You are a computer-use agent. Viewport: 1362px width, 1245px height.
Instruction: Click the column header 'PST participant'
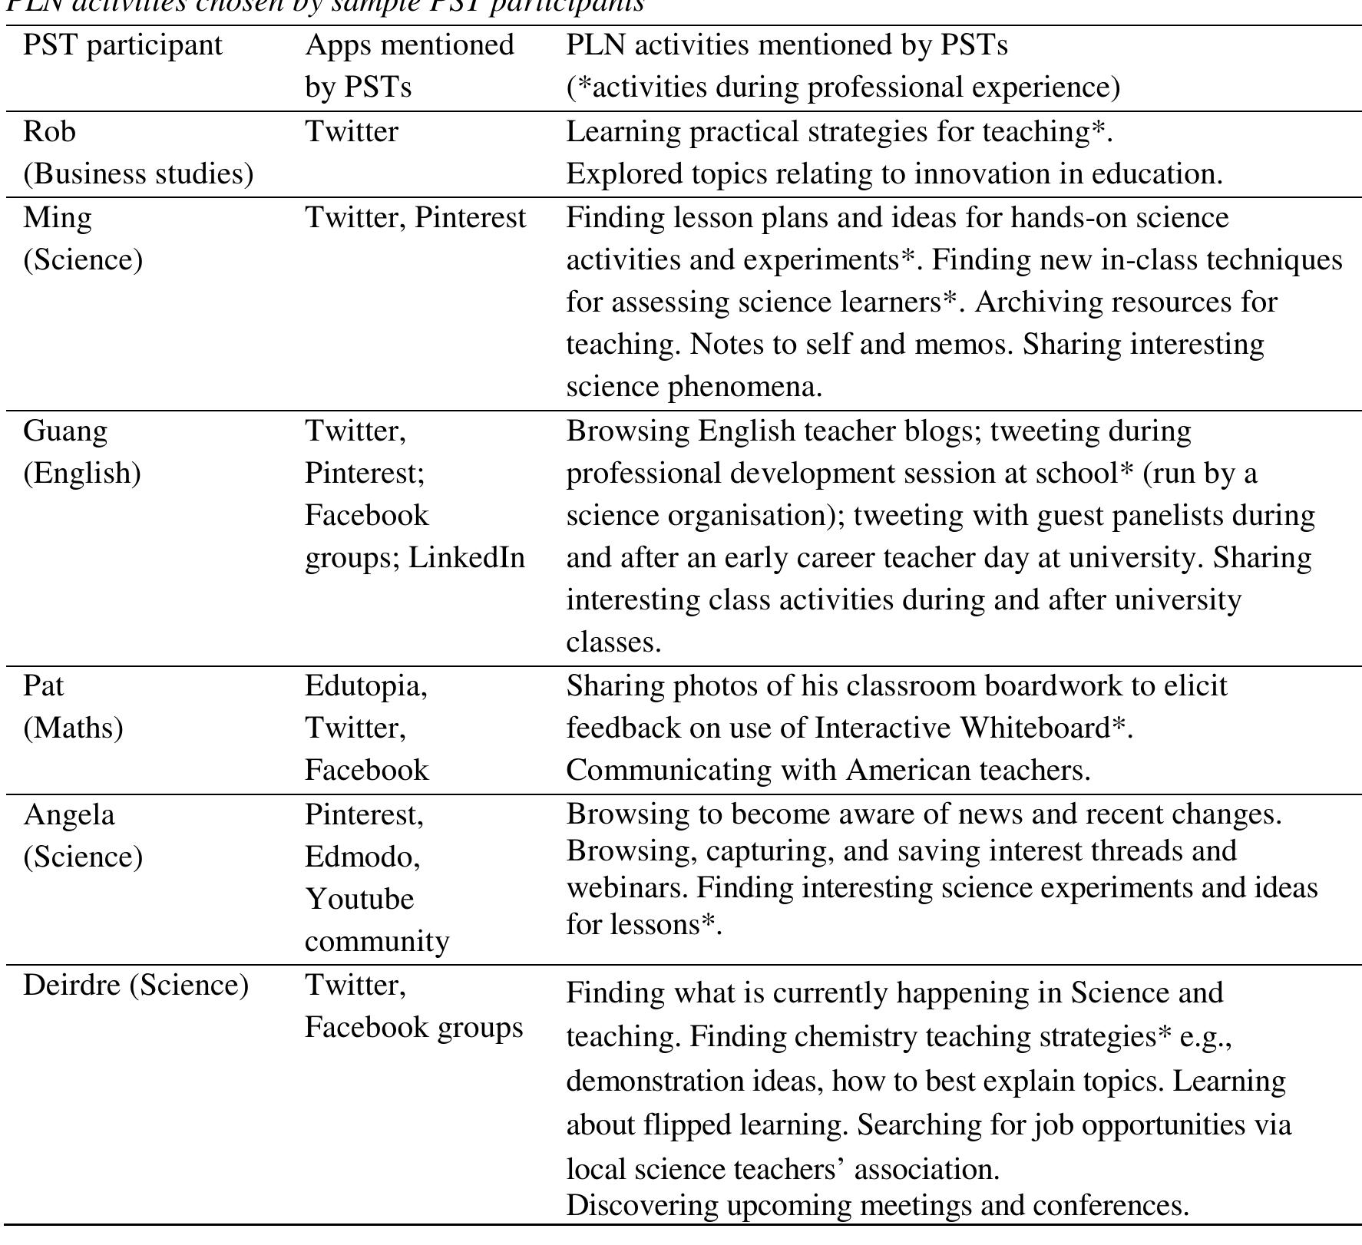[122, 45]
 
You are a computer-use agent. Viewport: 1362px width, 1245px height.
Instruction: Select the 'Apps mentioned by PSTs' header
[409, 66]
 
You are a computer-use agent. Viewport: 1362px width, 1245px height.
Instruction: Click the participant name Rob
[50, 132]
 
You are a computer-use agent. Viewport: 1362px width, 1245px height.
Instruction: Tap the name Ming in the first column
[58, 218]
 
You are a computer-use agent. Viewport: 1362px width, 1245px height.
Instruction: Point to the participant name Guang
[65, 431]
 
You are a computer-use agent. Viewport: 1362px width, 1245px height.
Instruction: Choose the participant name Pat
[44, 685]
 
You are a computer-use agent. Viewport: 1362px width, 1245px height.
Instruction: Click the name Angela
[69, 814]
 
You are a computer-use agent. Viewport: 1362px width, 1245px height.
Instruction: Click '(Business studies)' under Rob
[138, 174]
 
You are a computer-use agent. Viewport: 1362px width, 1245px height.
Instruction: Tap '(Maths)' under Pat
[74, 728]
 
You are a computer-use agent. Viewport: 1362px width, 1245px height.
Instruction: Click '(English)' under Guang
[82, 474]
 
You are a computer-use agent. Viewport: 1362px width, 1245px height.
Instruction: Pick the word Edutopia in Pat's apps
[365, 685]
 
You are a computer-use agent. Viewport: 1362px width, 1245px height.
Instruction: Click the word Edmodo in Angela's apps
[362, 857]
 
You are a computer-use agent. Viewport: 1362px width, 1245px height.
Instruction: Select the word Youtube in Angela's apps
[359, 899]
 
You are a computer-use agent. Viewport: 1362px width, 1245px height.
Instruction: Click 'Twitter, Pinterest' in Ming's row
[415, 218]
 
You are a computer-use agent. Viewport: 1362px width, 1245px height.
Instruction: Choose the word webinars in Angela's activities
[626, 888]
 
